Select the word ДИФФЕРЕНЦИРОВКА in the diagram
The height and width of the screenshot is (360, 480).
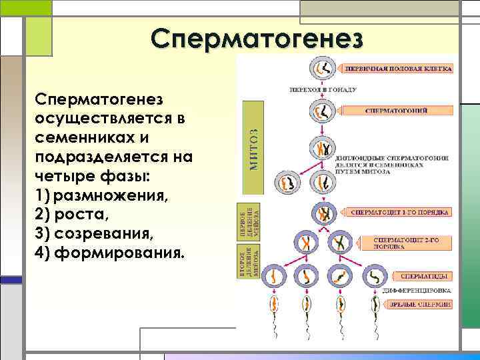(417, 291)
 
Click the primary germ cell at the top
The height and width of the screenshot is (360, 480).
(323, 69)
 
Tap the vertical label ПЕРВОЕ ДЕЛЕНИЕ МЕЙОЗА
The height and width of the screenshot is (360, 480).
(247, 222)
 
